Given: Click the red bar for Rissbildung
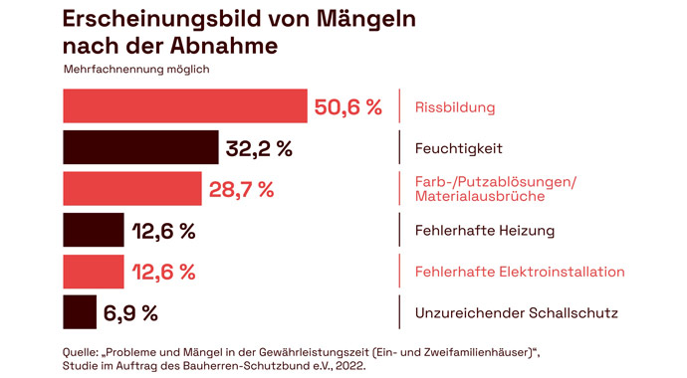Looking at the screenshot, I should coord(184,106).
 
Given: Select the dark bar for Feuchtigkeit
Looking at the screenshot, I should coord(140,148).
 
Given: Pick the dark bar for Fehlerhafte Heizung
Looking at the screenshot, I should coord(94,231).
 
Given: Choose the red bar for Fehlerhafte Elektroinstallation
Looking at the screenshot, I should coord(94,272).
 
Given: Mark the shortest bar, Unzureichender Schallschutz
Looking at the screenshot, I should coord(80,312).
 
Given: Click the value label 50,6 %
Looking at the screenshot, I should coord(348,107).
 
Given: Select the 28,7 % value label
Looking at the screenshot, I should coord(241,190).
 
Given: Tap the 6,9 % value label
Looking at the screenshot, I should coord(130,313).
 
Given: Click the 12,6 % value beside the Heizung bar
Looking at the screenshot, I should coord(163,232).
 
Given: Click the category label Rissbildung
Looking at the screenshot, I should coord(455,107).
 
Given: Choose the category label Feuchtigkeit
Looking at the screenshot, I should coord(458,148).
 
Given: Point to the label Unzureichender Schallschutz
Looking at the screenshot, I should coord(516,313).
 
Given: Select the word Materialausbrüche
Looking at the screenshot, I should coord(479,198).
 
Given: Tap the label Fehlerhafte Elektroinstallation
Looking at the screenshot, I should coord(519,272).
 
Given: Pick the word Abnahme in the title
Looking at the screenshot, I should coord(224,47).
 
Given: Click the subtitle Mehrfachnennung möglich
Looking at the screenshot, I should coord(136,70).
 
